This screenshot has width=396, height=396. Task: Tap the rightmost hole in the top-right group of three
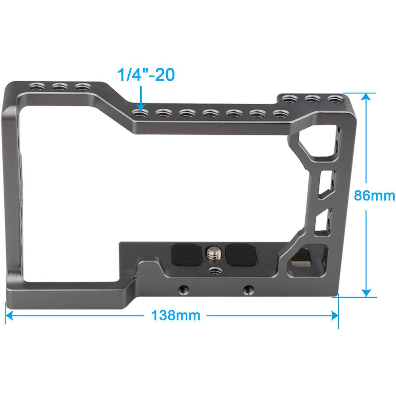(336, 98)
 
